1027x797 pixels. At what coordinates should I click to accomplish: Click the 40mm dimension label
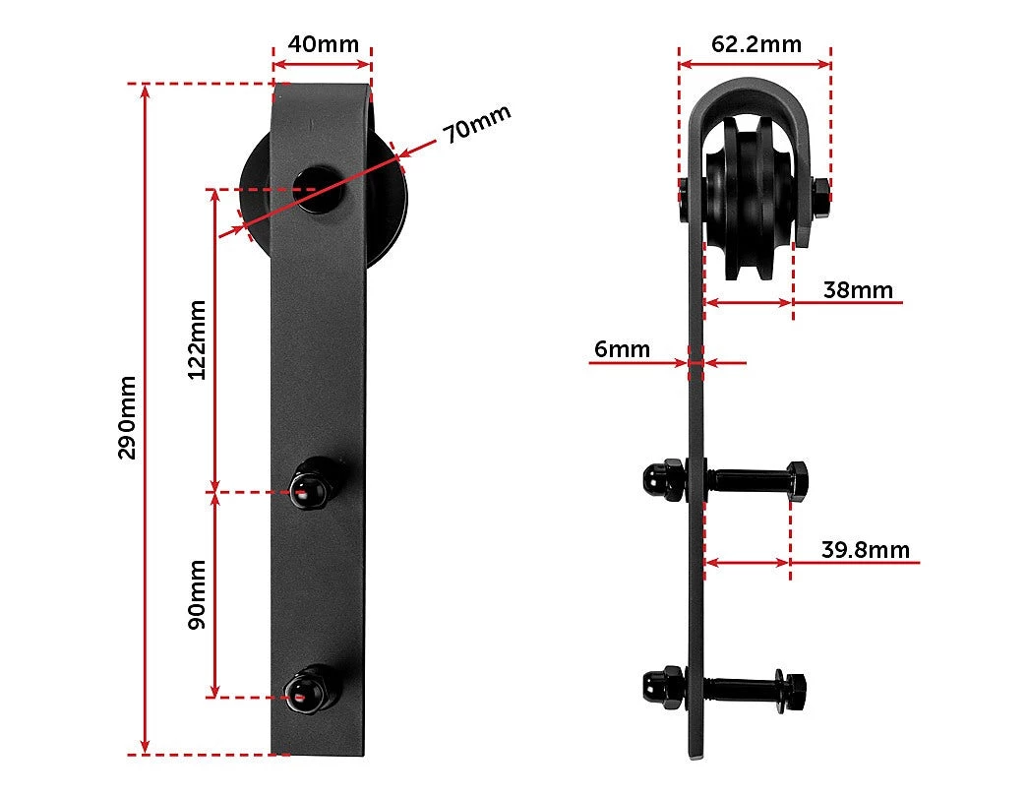coord(323,44)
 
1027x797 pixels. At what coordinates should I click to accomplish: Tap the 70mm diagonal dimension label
coord(476,123)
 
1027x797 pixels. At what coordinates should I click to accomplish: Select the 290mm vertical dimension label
coord(127,418)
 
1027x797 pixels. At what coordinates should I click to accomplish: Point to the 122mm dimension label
coord(197,339)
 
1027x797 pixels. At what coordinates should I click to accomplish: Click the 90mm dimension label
coord(197,594)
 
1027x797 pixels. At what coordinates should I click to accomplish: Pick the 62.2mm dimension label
coord(755,44)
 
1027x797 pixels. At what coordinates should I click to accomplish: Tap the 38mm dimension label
coord(858,290)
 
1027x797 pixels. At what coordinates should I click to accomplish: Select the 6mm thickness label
coord(622,349)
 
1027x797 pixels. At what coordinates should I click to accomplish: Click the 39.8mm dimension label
coord(866,549)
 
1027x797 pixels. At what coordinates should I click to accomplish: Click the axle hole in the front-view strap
coord(319,190)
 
